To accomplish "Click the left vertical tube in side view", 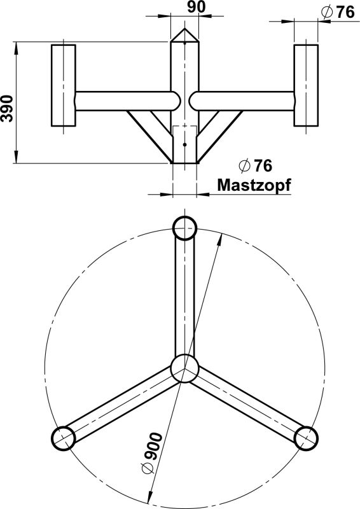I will point(63,85).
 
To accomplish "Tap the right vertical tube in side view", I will point(305,85).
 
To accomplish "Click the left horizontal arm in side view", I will point(124,101).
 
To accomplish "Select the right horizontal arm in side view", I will point(245,101).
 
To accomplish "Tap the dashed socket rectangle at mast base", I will point(184,137).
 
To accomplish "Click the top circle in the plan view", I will point(184,227).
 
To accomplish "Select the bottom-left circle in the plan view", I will point(62,437).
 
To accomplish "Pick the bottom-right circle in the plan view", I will point(306,437).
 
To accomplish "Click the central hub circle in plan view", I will point(184,368).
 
